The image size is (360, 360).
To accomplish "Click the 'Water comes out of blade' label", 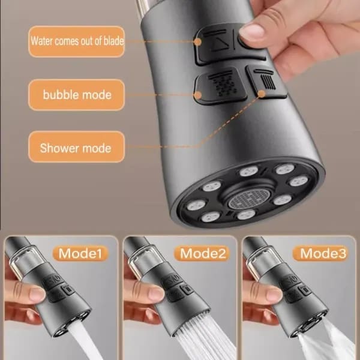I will [77, 42].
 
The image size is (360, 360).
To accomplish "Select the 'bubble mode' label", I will [77, 94].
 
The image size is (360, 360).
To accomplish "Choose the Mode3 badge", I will [323, 253].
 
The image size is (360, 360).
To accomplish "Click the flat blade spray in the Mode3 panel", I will [327, 342].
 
